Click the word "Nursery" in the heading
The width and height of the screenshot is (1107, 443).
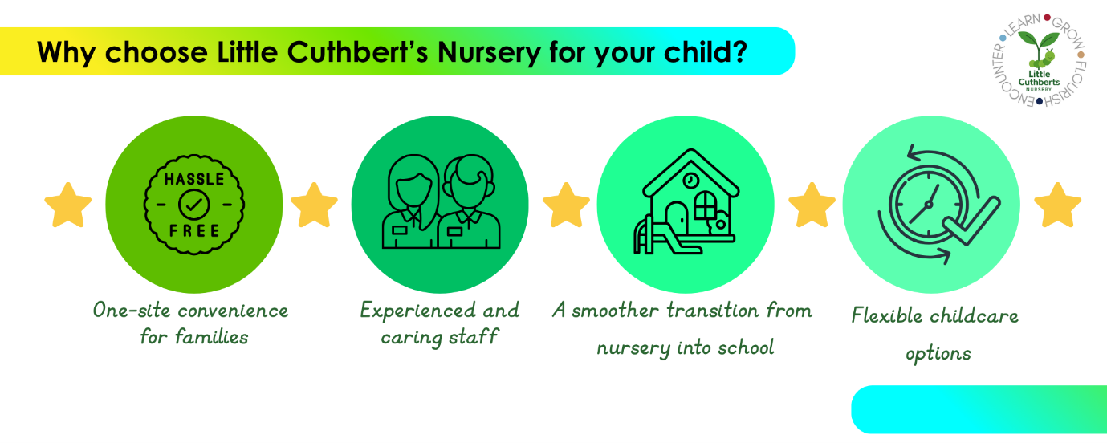click(489, 53)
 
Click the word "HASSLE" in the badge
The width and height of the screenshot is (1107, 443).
click(194, 179)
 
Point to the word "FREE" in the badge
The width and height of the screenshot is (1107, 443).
click(194, 230)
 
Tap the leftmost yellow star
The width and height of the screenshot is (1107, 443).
click(68, 205)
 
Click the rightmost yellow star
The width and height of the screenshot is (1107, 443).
click(1057, 205)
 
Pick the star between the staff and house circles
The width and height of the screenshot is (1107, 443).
click(567, 205)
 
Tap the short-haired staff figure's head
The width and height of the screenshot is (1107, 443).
click(470, 181)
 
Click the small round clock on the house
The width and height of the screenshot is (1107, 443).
click(691, 181)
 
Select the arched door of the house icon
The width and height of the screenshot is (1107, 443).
click(676, 217)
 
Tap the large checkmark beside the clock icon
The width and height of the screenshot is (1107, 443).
click(971, 220)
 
